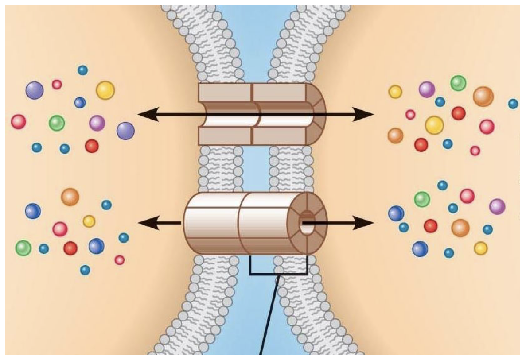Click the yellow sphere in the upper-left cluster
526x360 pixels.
pos(105,90)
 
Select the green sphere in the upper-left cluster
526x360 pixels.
pos(57,123)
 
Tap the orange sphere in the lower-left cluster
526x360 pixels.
pos(70,197)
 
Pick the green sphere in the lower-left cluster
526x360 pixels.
pos(23,248)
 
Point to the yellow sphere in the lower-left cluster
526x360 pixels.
pos(89,221)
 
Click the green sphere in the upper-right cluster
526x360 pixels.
pos(458,83)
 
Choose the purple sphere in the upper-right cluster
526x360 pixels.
pos(427,89)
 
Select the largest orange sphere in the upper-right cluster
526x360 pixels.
pos(483,97)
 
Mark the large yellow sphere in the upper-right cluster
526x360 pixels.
pos(434,125)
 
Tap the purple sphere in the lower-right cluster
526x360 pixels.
pos(497,206)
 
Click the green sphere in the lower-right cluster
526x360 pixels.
pos(422,199)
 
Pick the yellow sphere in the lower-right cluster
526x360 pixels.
pos(481,248)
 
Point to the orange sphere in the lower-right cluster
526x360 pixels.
pos(460,228)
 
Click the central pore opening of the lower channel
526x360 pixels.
pos(306,223)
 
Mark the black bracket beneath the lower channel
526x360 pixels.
pos(278,274)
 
